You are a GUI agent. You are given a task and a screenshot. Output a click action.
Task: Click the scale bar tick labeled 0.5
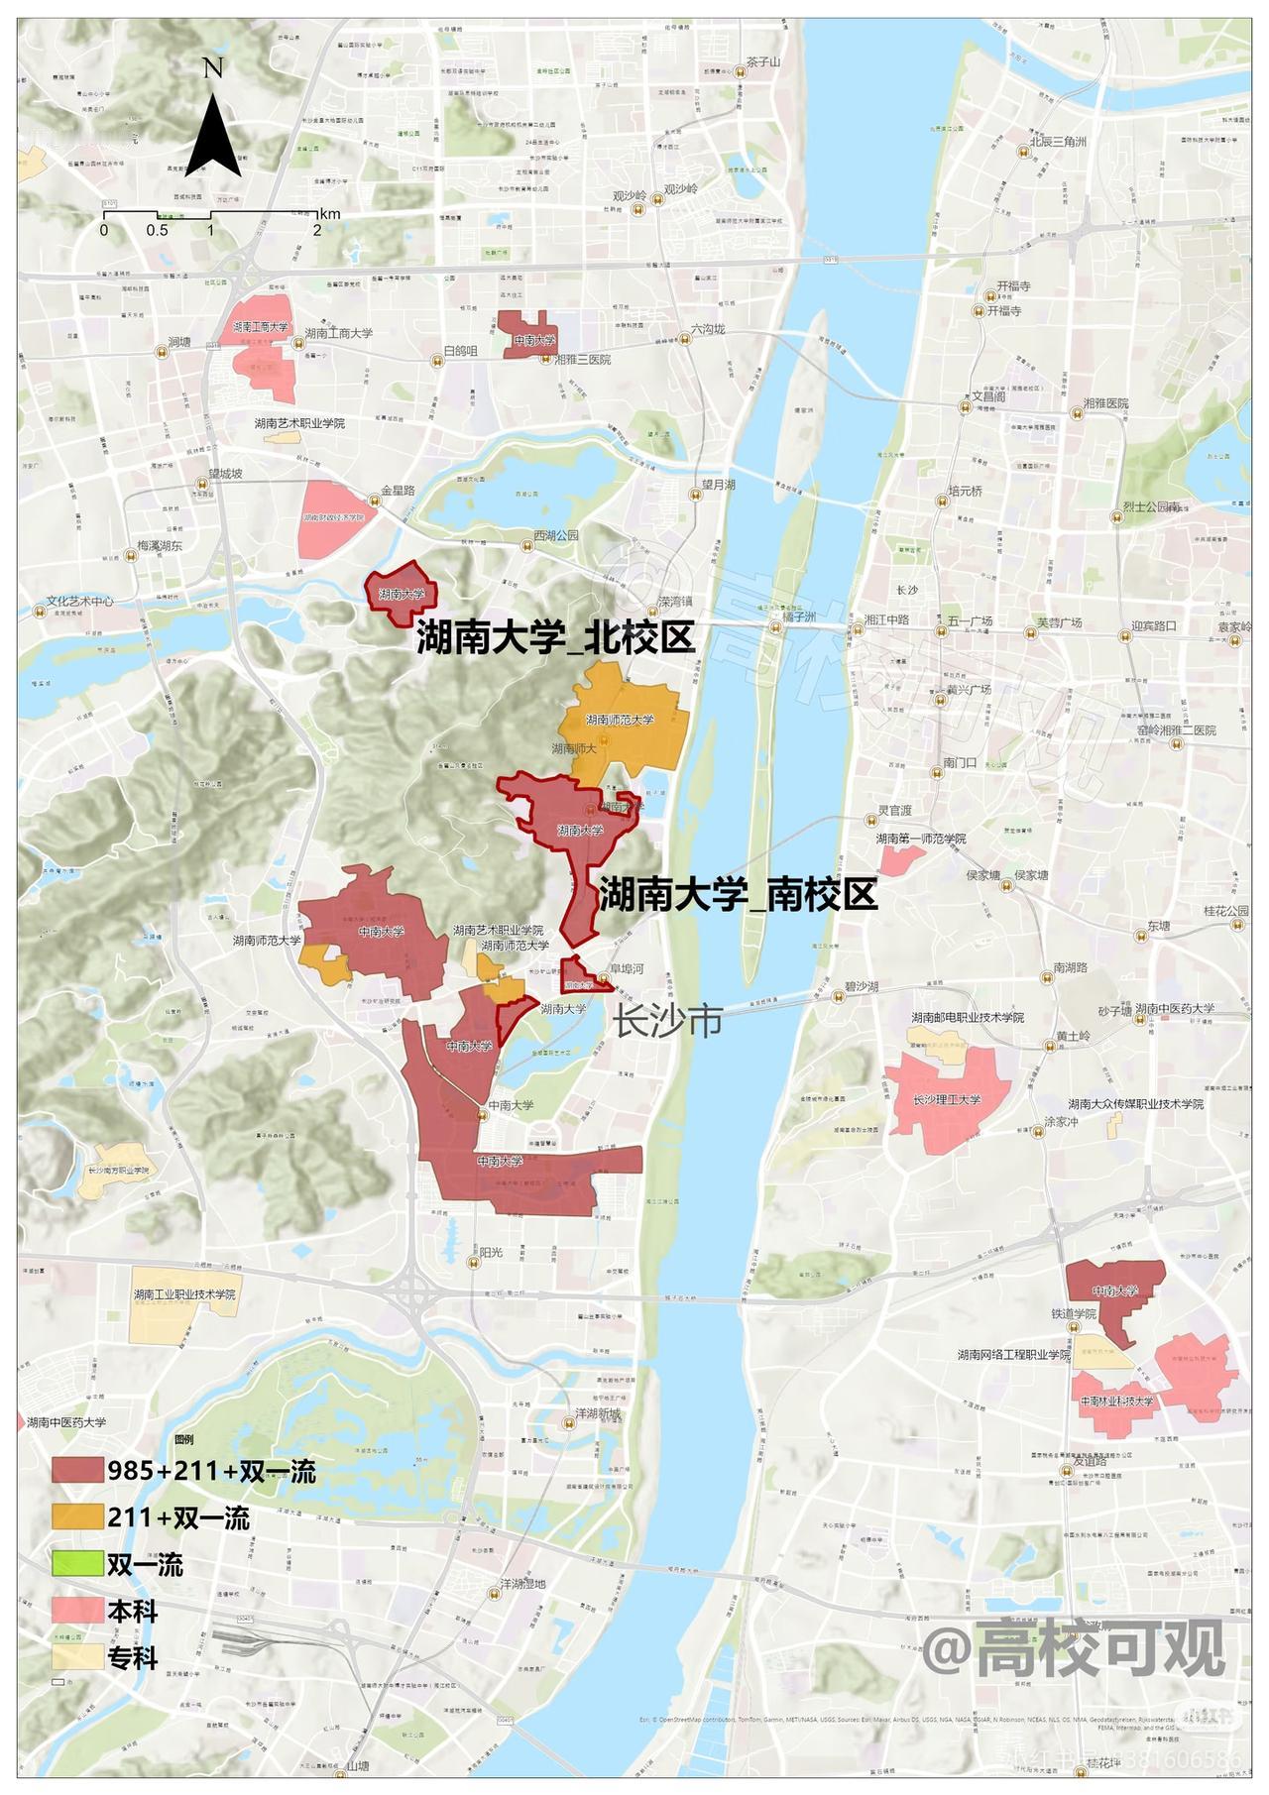coord(157,230)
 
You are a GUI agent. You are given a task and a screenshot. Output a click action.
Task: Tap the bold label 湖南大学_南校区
coord(739,895)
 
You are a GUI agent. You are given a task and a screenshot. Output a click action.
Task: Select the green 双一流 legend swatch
coord(78,1564)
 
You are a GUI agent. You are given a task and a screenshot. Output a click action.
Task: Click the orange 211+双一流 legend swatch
coord(78,1516)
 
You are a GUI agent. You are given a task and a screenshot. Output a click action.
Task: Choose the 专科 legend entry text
coord(133,1657)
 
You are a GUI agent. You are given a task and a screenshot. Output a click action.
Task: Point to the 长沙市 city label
coord(667,1020)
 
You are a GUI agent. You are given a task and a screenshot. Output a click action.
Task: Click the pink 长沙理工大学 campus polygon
coord(947,1100)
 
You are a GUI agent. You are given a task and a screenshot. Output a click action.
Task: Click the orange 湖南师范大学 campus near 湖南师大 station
coord(625,719)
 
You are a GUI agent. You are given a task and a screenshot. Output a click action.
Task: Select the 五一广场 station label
coord(970,621)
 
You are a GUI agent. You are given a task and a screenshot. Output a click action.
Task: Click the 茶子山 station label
coord(764,61)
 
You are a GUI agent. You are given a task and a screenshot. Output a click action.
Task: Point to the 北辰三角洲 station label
coord(1058,141)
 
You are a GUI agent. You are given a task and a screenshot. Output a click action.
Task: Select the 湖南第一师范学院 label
coord(920,839)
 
